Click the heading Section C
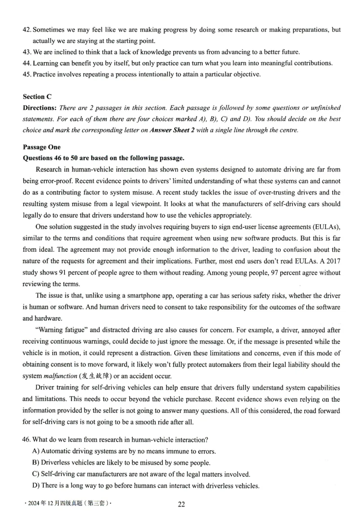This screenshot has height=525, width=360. point(34,96)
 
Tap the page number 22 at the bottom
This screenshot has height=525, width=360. point(181,504)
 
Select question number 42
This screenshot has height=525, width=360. point(27,30)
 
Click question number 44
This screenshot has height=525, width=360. point(27,63)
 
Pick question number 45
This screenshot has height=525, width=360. point(27,74)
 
